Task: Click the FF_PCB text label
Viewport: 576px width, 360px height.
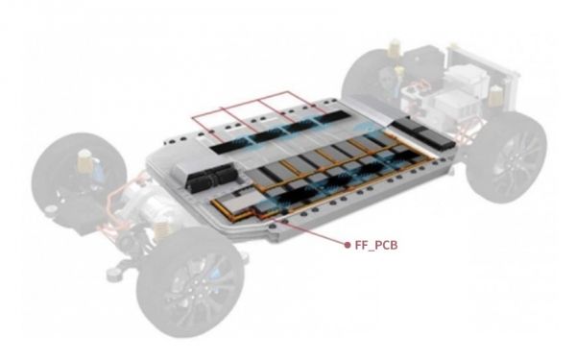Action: [376, 245]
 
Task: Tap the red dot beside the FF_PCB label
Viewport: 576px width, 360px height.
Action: [348, 245]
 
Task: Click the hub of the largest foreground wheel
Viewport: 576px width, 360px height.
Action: [193, 290]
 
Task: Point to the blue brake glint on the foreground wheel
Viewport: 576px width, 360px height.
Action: [216, 273]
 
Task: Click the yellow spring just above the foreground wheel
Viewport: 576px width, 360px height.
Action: [161, 230]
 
